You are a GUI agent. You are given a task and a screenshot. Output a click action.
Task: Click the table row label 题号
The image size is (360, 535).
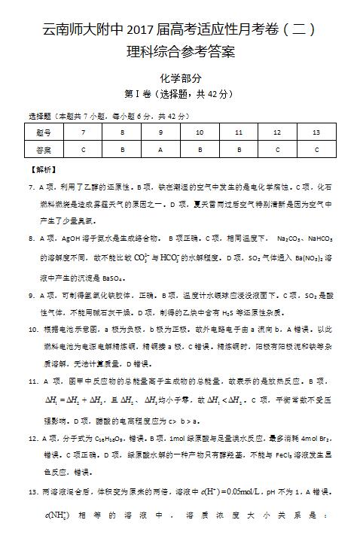pos(44,132)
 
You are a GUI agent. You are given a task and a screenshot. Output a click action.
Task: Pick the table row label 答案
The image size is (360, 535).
pos(44,149)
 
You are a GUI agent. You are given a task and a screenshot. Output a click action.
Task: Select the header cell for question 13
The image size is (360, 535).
pos(316,132)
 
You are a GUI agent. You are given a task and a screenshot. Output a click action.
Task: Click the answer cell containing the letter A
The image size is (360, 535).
pos(160,149)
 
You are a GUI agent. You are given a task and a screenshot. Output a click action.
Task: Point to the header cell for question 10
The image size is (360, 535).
pos(200,132)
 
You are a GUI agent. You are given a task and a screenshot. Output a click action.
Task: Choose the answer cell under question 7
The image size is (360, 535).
pos(83,149)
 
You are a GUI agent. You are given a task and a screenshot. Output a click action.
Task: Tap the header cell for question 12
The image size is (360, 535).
pos(277,132)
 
